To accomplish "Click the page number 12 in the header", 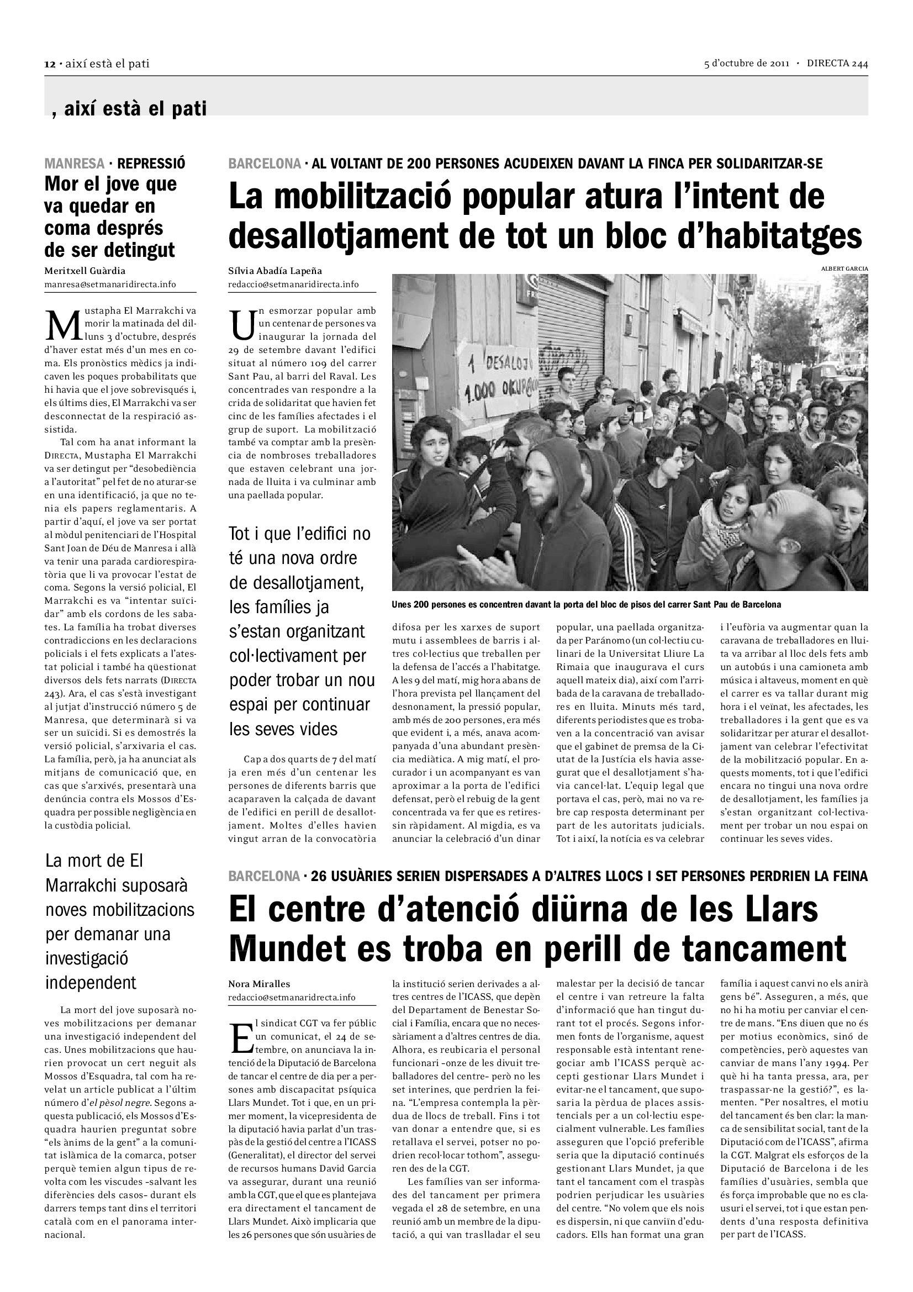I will [x=49, y=64].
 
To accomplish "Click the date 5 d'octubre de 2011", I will [x=747, y=64].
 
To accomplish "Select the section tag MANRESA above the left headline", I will [x=74, y=164].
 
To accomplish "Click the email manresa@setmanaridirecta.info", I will [x=110, y=284].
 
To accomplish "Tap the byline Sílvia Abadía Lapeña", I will [x=275, y=271].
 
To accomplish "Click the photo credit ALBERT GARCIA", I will [x=845, y=269].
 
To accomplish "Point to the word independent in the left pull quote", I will [x=91, y=983].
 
